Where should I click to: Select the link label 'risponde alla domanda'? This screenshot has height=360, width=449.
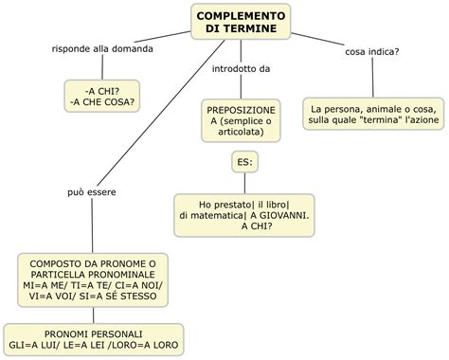(x=101, y=48)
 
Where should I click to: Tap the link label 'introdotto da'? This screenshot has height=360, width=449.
(x=240, y=69)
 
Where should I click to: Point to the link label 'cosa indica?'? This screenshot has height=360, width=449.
(x=372, y=51)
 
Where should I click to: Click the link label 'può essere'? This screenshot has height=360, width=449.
(x=93, y=193)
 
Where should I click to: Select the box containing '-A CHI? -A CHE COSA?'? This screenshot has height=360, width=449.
(x=101, y=95)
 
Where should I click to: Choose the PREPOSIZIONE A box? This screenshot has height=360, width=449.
(x=241, y=119)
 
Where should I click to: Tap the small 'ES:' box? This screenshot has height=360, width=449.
(x=245, y=163)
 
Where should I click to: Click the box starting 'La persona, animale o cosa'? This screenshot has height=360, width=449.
(x=373, y=115)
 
